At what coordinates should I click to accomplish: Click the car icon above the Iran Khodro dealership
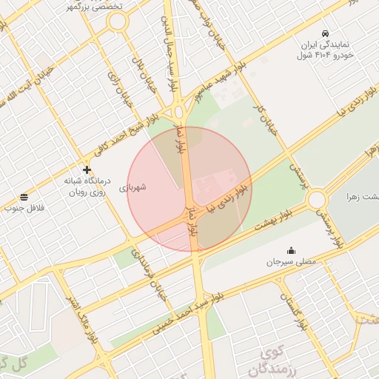(x=326, y=34)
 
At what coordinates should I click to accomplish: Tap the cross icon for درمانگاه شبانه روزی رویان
(x=87, y=170)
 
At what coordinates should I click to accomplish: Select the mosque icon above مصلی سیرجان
(x=290, y=249)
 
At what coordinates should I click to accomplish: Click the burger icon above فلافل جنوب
(x=24, y=197)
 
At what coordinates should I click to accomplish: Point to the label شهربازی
(x=133, y=187)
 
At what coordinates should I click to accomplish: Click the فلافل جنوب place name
(x=24, y=209)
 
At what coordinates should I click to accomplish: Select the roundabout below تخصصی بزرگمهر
(x=117, y=22)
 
